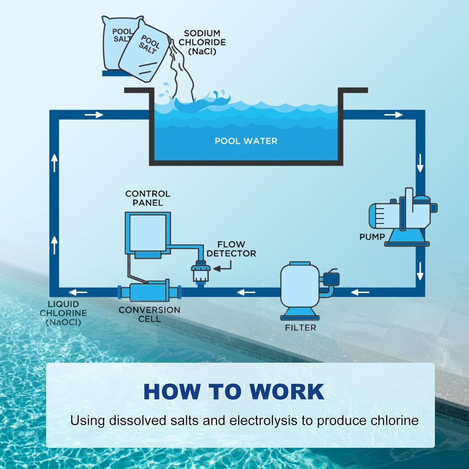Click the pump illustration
tap(403, 216)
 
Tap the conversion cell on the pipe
tap(149, 292)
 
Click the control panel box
tap(148, 233)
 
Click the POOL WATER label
tap(246, 141)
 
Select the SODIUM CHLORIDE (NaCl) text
tap(202, 42)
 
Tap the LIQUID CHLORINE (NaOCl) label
tap(63, 313)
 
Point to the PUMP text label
tap(372, 237)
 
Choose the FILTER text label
tap(300, 328)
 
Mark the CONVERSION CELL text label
tap(149, 314)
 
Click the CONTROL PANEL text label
tap(148, 198)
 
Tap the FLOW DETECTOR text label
tap(231, 249)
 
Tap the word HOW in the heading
tap(172, 391)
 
